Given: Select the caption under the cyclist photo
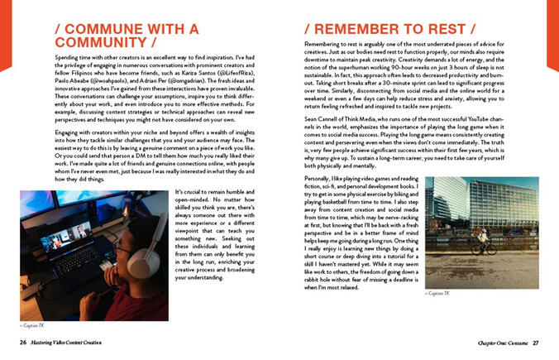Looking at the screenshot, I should click(x=438, y=293).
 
